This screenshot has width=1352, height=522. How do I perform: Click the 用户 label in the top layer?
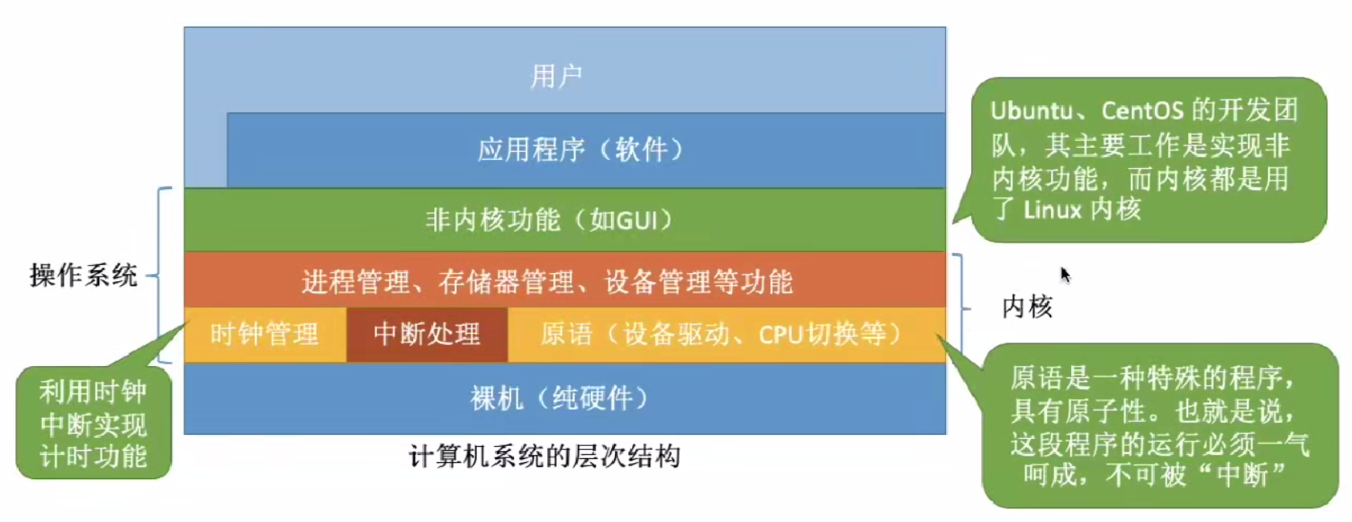coord(556,77)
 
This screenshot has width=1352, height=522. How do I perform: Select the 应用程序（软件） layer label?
coord(580,149)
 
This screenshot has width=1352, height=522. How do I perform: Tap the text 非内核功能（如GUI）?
coord(549,220)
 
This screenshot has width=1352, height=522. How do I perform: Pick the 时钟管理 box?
coord(265,334)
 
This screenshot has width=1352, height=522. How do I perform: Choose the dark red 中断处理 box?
coord(427,334)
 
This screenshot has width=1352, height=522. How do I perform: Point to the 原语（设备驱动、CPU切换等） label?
coord(722,334)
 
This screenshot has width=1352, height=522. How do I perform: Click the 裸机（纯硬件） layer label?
coord(559,398)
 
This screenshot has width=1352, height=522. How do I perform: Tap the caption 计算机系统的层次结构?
coord(544,457)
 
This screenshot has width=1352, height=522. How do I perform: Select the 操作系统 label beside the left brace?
coord(83,276)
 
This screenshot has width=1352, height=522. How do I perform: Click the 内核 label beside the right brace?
coord(1028,307)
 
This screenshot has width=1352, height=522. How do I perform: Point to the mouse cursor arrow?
coord(1065,275)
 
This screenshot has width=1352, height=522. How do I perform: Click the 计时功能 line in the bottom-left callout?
coord(94,456)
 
